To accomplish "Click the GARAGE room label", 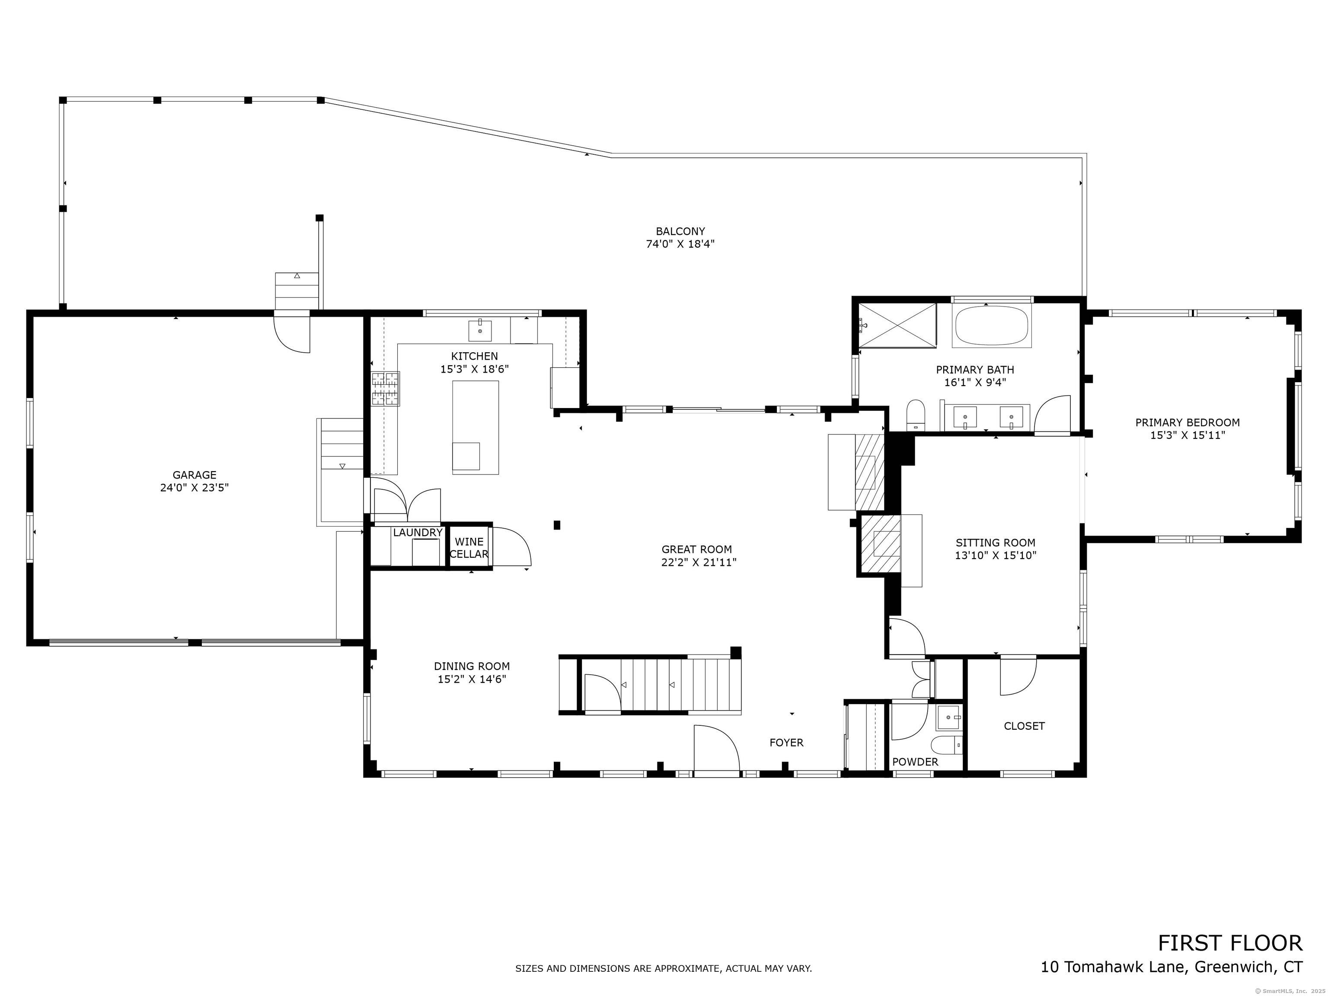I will click(x=194, y=475).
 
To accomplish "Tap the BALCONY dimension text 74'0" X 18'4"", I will click(x=680, y=244).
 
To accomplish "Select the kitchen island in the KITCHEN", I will click(x=476, y=428).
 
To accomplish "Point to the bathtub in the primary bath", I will click(x=991, y=326).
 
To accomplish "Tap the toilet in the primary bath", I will click(x=916, y=414).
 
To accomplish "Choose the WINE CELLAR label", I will click(x=469, y=548).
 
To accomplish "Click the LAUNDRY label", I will click(x=417, y=533).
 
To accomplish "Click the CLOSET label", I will click(x=1024, y=726).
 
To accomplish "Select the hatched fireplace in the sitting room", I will click(x=881, y=544).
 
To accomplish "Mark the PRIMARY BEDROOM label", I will click(x=1187, y=423).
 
